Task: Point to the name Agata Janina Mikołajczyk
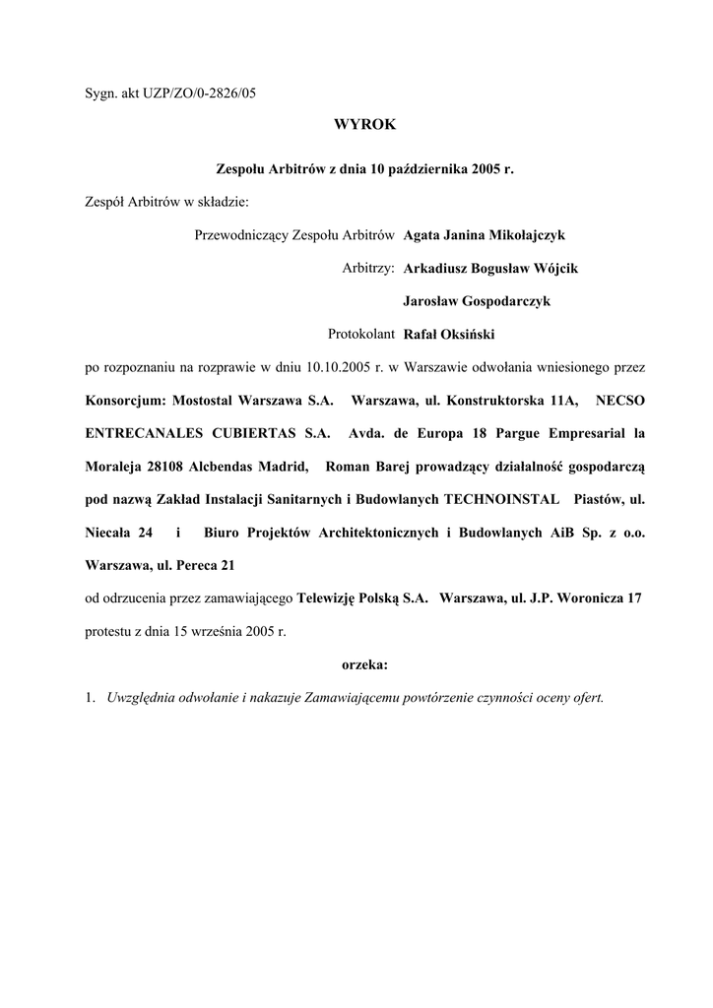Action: [x=485, y=235]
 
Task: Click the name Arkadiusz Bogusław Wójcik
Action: [x=483, y=268]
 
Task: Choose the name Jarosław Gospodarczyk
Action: [x=477, y=301]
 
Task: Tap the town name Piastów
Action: [x=595, y=500]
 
